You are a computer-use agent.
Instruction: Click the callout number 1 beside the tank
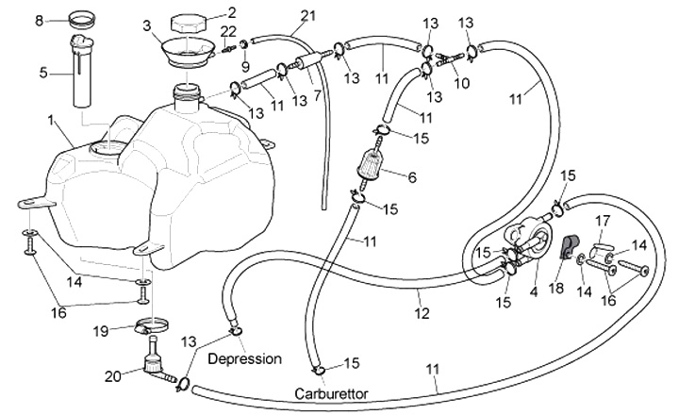pos(51,122)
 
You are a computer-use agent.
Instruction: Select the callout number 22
pos(227,32)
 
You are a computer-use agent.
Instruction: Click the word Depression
pos(244,359)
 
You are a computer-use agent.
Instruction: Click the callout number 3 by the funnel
pos(146,28)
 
